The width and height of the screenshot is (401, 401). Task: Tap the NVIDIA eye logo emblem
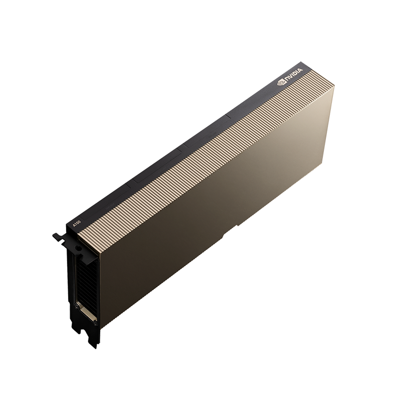281,83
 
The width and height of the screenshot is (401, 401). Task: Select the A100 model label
75,224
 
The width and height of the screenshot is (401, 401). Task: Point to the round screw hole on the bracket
77,248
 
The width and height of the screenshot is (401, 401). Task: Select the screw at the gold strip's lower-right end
96,323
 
